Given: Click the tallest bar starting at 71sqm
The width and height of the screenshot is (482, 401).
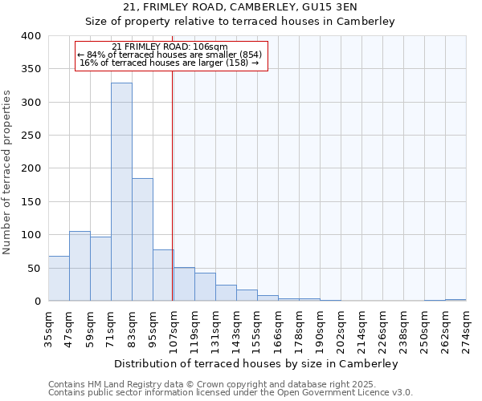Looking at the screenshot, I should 121,192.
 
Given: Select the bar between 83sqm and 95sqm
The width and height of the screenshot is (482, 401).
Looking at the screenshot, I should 142,240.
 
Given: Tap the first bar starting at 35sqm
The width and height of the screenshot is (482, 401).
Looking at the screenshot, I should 59,278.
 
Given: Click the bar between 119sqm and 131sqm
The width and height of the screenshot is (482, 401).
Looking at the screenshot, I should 205,287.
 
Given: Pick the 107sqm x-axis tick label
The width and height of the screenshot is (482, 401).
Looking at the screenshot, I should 174,329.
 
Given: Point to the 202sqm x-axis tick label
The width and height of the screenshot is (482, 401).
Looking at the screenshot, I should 341,329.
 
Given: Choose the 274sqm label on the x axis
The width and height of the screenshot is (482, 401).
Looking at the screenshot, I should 467,329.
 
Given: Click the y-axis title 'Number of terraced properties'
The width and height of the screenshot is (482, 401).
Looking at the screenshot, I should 7,172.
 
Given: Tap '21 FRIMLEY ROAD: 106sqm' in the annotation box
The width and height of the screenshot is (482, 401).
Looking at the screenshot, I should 170,47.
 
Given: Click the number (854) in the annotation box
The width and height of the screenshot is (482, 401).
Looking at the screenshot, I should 247,55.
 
